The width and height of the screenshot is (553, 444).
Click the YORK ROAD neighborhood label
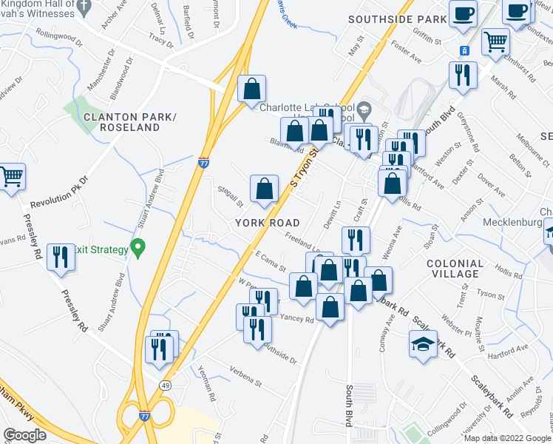[x=267, y=222]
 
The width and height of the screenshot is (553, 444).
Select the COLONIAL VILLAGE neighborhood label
[x=455, y=269]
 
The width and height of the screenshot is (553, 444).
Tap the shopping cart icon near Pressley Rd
[x=12, y=178]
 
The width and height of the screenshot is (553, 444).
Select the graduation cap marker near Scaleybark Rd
[x=423, y=344]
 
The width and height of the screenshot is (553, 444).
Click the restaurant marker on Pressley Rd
[x=60, y=258]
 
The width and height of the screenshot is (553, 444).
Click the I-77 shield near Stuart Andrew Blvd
[x=203, y=164]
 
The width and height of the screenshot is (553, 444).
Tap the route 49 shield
[x=166, y=386]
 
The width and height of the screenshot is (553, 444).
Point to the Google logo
[x=24, y=435]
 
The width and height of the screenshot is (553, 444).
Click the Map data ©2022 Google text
[x=507, y=438]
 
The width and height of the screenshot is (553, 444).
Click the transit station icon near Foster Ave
[x=465, y=50]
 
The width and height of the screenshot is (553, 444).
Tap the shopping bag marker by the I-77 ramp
[x=252, y=88]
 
